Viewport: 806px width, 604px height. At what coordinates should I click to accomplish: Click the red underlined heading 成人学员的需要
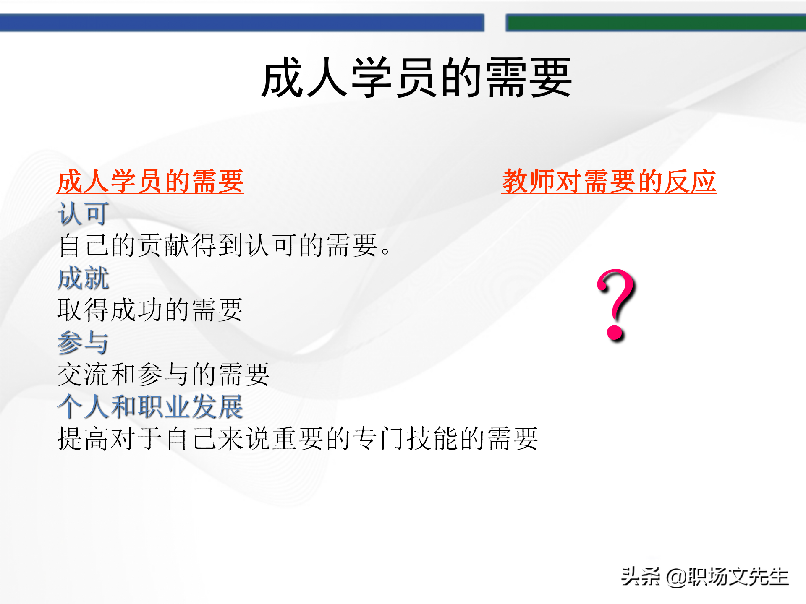point(150,182)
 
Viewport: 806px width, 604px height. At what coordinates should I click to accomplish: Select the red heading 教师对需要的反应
point(609,182)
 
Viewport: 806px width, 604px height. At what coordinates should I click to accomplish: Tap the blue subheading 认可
point(83,213)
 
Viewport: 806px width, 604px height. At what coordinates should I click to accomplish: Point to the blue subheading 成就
point(83,278)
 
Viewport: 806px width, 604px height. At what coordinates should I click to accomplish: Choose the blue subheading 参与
point(83,342)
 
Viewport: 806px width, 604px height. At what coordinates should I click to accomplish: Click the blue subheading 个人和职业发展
point(150,406)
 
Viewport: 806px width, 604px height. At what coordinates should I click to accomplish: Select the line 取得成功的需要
point(150,310)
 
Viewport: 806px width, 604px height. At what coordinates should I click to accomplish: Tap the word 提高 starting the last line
point(83,439)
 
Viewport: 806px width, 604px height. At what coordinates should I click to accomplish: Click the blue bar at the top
point(241,23)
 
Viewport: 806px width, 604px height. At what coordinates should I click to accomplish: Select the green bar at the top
point(655,23)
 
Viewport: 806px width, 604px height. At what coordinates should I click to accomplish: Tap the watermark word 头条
point(640,577)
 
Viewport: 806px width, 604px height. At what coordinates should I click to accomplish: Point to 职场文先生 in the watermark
point(738,577)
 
